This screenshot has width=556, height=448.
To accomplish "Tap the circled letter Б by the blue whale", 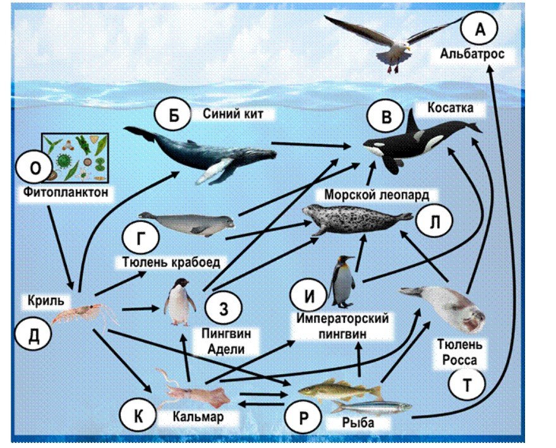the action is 173,115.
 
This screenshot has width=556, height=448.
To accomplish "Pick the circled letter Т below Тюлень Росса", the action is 467,385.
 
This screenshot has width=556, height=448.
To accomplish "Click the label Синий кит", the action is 233,114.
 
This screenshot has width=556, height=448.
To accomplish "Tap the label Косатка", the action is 450,107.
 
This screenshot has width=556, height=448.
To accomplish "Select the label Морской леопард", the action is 377,194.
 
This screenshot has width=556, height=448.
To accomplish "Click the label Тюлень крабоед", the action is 171,262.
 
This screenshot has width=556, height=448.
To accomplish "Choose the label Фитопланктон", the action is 66,192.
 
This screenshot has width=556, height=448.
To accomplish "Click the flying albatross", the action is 394,42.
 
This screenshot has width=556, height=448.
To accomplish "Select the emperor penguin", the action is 342,281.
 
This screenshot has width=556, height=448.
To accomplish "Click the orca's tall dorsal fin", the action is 412,122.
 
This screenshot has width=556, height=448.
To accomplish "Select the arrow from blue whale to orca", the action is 311,144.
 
